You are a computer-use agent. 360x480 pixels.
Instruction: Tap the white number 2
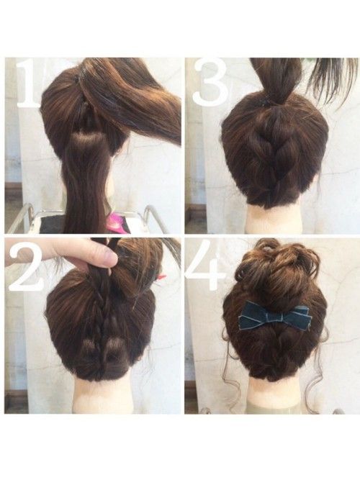click(x=26, y=266)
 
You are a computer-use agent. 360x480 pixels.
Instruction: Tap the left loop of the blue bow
click(x=253, y=314)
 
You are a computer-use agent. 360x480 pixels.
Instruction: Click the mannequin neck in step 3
click(x=275, y=219)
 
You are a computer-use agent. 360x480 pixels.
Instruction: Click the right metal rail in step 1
click(x=153, y=217)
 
